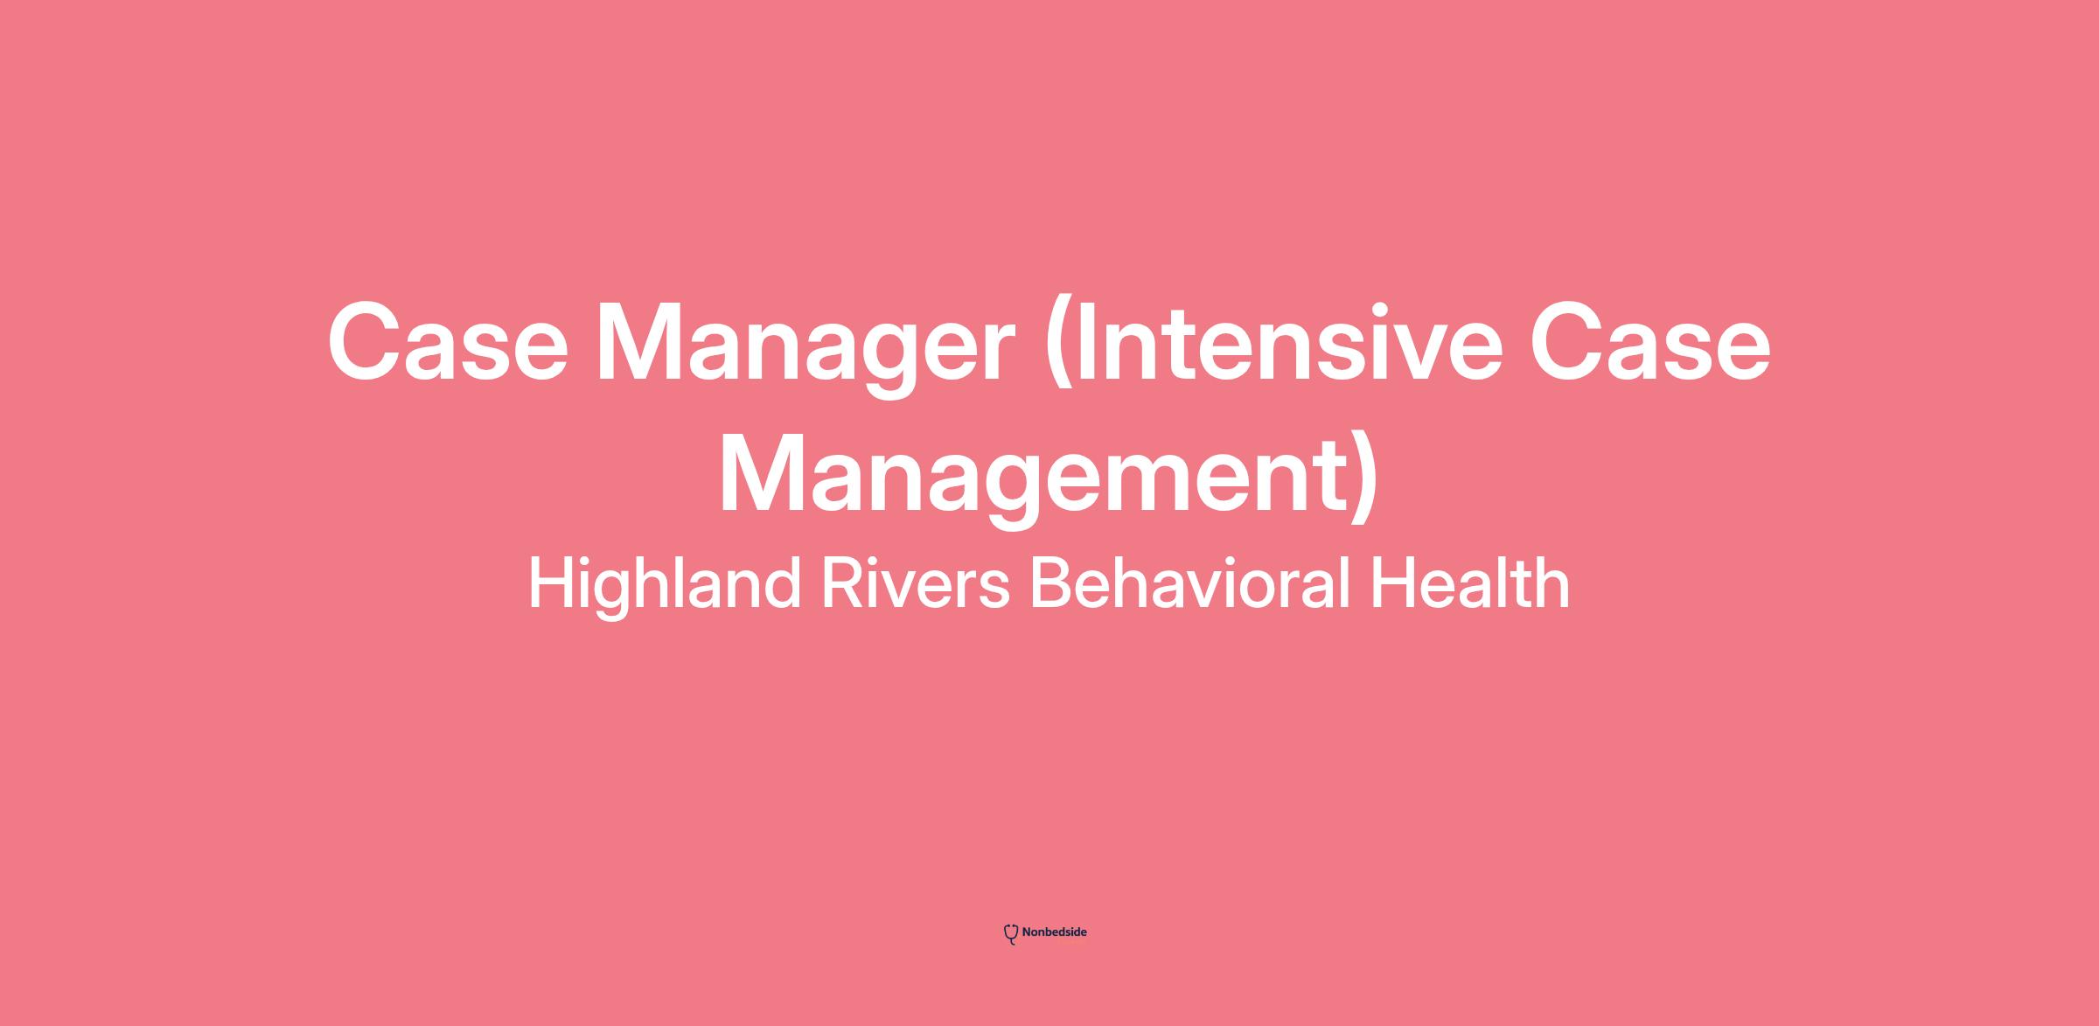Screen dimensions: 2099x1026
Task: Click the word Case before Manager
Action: click(x=448, y=342)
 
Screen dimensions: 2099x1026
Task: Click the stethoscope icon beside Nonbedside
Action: click(x=1011, y=934)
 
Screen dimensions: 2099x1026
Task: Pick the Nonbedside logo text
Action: click(x=1054, y=932)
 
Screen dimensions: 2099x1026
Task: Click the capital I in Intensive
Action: click(x=1085, y=342)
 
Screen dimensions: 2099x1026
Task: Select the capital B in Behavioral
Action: click(x=1056, y=583)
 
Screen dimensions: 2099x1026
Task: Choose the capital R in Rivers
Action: click(x=844, y=583)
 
